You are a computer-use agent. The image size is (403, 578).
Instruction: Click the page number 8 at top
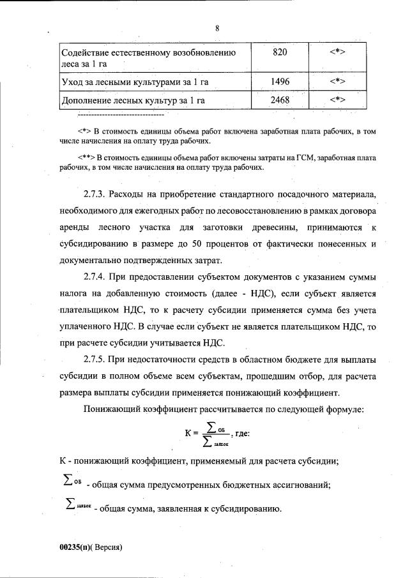pyautogui.click(x=217, y=28)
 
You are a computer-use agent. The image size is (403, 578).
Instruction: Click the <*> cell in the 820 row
pyautogui.click(x=337, y=52)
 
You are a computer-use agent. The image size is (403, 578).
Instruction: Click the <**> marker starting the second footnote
pyautogui.click(x=86, y=157)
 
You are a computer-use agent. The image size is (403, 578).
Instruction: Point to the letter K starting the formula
pyautogui.click(x=188, y=434)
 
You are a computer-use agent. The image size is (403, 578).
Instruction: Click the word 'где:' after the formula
pyautogui.click(x=241, y=434)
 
